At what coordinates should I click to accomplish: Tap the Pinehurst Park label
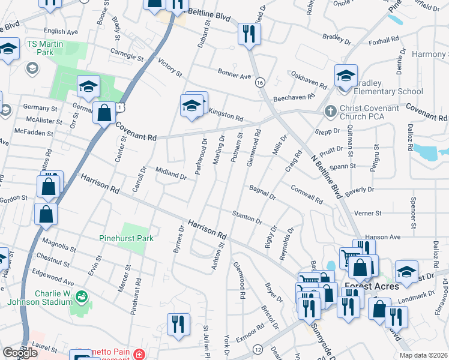[x=126, y=238]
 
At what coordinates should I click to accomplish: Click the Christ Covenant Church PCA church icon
[x=329, y=112]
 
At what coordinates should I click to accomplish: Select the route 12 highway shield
[x=258, y=349]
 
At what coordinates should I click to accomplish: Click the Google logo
[x=20, y=353]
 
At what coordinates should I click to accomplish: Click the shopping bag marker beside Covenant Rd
[x=104, y=112]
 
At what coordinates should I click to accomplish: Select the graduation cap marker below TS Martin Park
[x=88, y=87]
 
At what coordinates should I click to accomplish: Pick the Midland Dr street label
[x=172, y=175]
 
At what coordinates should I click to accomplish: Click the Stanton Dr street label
[x=247, y=217]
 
